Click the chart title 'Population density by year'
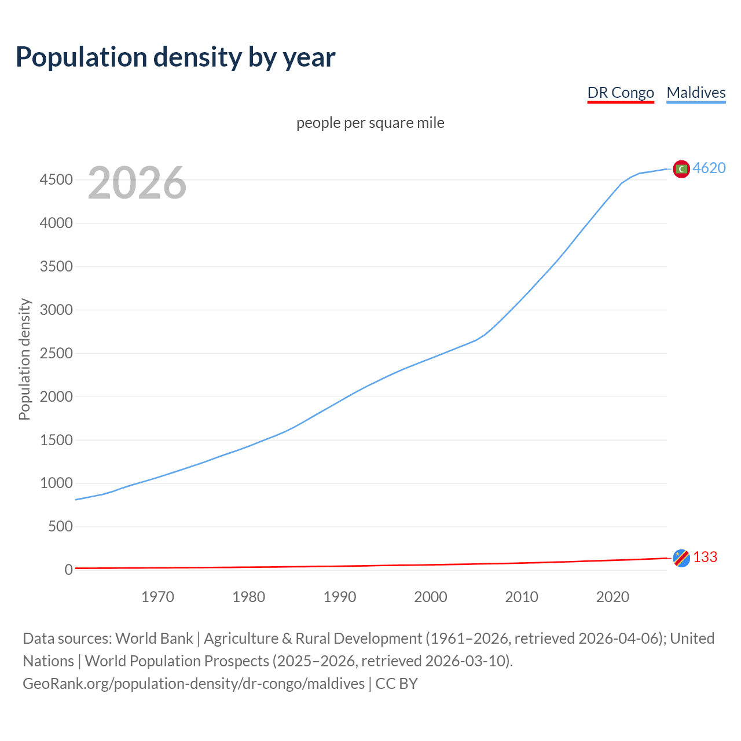tap(175, 57)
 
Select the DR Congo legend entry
tap(621, 93)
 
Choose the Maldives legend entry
tap(696, 93)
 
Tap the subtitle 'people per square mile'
tap(370, 123)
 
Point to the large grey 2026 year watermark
tap(137, 183)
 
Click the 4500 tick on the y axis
tap(56, 180)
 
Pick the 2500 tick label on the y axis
tap(56, 353)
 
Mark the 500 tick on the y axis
tap(60, 526)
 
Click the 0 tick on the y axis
tap(68, 570)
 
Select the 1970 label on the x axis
tap(157, 597)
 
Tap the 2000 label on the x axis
tap(431, 597)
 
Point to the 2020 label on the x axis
tap(612, 597)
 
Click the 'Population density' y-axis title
tap(24, 359)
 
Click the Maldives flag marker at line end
tap(681, 168)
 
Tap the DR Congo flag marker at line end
tap(681, 557)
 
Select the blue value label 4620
tap(709, 168)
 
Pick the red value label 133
tap(705, 557)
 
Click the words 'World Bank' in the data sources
tap(154, 639)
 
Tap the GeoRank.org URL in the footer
tap(193, 684)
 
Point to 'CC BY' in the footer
tap(397, 684)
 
